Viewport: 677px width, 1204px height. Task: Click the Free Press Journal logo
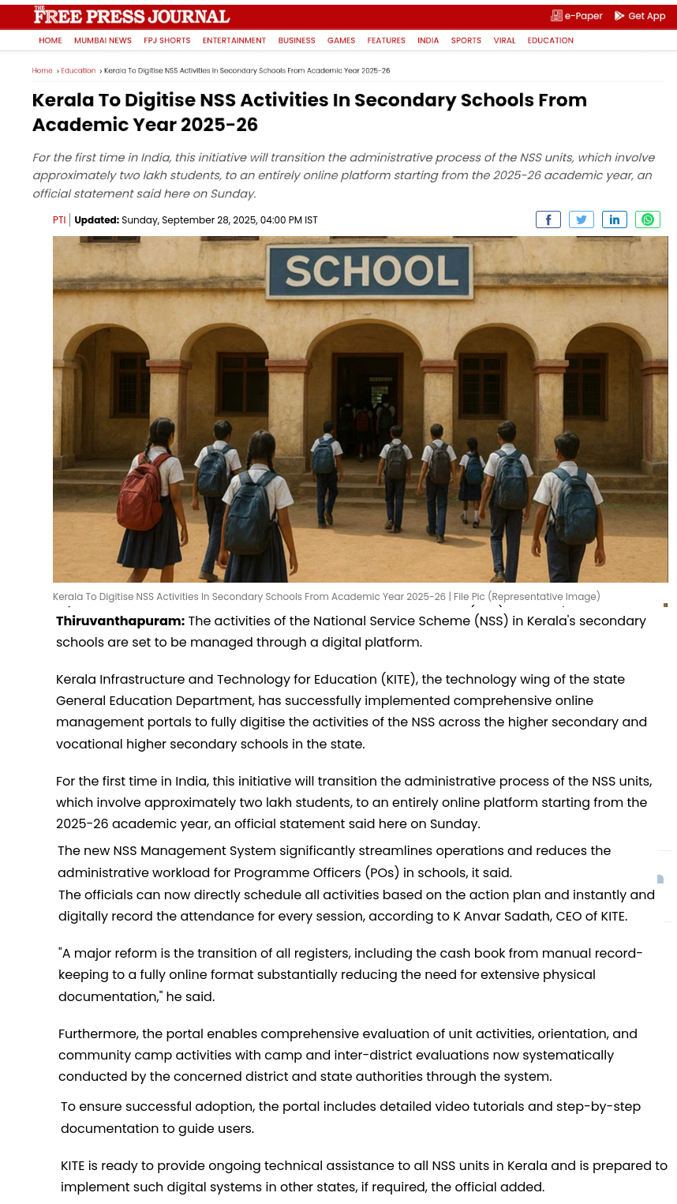click(x=131, y=16)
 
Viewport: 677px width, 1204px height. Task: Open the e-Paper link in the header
click(x=577, y=16)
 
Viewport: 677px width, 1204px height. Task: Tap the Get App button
click(x=640, y=16)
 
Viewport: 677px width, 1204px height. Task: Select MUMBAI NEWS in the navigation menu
click(x=103, y=40)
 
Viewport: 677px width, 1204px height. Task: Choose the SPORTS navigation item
click(x=466, y=40)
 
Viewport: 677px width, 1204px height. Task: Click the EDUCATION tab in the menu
click(x=550, y=40)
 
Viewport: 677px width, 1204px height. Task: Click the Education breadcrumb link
click(x=78, y=71)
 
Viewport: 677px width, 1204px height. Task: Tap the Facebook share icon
click(x=548, y=219)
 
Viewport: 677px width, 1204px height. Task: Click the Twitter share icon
click(x=582, y=219)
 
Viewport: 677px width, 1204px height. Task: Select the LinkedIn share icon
click(x=615, y=219)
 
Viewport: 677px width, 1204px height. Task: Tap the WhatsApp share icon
click(x=648, y=219)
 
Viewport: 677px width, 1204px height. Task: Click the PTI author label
click(x=59, y=220)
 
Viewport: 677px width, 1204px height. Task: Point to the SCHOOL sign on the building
click(x=371, y=271)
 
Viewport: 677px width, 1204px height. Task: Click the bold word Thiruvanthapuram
click(x=120, y=621)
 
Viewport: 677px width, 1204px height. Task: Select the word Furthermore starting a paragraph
click(x=98, y=1034)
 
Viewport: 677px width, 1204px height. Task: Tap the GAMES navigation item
click(x=341, y=40)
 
